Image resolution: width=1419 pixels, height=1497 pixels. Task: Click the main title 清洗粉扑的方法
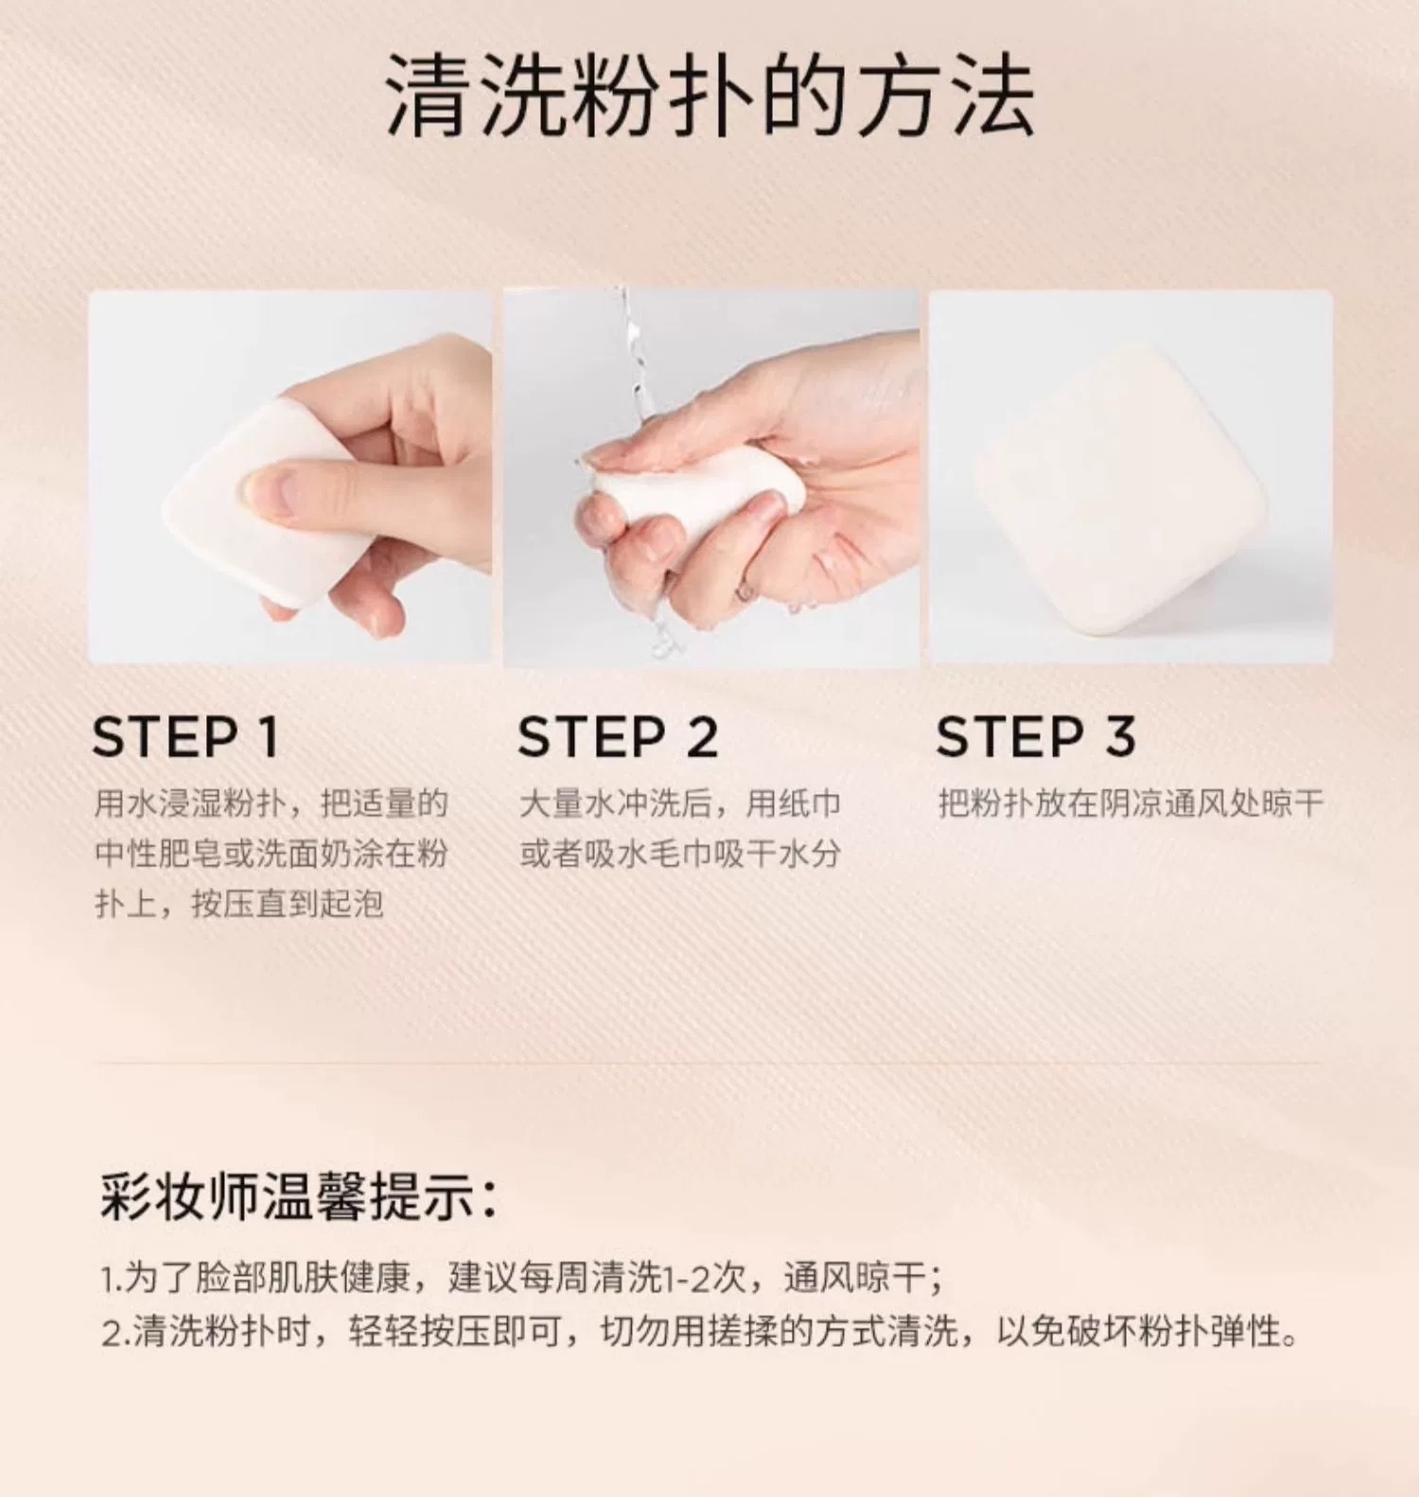[x=709, y=96]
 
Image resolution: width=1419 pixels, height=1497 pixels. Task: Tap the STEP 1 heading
[x=186, y=737]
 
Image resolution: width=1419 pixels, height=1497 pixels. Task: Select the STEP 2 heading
[x=618, y=737]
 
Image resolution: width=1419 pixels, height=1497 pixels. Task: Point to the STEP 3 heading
[x=1036, y=737]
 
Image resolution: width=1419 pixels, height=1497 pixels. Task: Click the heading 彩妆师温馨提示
[x=298, y=1197]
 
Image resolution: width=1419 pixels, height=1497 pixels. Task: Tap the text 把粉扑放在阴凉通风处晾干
[x=1130, y=803]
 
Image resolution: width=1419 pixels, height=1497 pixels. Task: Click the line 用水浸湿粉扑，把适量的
[x=271, y=803]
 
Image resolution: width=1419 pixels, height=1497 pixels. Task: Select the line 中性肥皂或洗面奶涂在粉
[x=271, y=854]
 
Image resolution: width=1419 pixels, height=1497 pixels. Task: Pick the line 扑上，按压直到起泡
[x=238, y=904]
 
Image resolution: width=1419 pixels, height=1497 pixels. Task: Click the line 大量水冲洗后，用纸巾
[x=680, y=803]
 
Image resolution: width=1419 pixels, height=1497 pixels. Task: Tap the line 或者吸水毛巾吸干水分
[x=680, y=854]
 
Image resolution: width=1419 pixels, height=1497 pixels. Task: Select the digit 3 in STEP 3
[x=1120, y=737]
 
